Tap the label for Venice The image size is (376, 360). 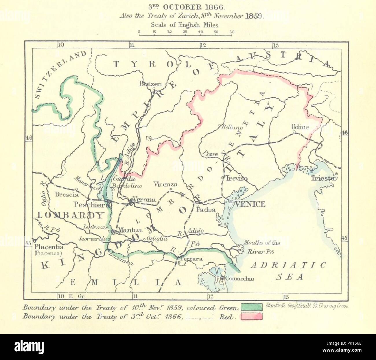coord(250,204)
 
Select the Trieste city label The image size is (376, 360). coord(322,179)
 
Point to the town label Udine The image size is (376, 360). coord(300,127)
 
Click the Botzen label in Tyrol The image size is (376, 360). coord(150,84)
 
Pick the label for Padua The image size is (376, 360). coord(206,209)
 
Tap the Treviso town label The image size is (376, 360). coord(237,179)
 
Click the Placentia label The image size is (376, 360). coord(49,247)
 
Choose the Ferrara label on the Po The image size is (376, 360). coord(191,259)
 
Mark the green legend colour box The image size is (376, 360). coord(251,307)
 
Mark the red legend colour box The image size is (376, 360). coord(251,317)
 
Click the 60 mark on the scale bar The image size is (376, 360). coord(232,32)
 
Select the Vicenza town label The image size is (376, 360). coord(165,184)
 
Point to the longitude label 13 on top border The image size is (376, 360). coord(276,45)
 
